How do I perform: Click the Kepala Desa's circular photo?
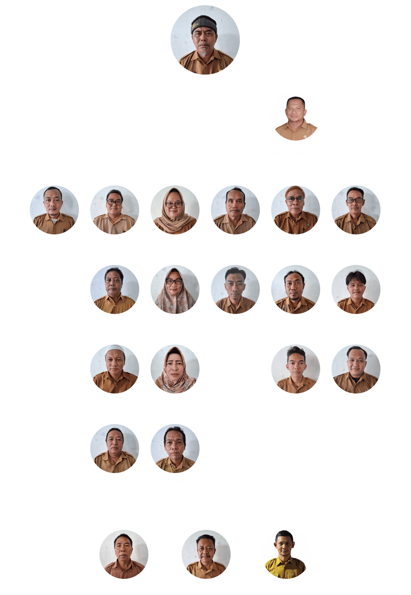[x=205, y=39]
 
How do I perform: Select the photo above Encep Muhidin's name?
[x=54, y=209]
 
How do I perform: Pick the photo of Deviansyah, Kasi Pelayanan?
[x=175, y=209]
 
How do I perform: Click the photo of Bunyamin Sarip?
[x=295, y=209]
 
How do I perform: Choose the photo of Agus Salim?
[x=114, y=289]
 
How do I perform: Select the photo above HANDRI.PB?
[x=235, y=289]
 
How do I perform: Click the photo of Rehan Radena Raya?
[x=356, y=289]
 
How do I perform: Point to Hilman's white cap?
[x=114, y=349]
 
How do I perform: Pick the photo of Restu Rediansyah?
[x=295, y=368]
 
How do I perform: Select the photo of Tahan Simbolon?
[x=175, y=448]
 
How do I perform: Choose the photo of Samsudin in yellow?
[x=286, y=554]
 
